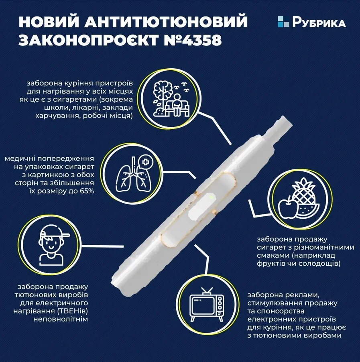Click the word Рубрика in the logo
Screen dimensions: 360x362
319,22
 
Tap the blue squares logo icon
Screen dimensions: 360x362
283,22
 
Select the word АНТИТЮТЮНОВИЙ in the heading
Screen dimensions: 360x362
166,22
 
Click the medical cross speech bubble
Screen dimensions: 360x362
145,162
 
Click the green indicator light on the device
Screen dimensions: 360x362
211,197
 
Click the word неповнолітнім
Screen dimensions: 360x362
61,319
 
